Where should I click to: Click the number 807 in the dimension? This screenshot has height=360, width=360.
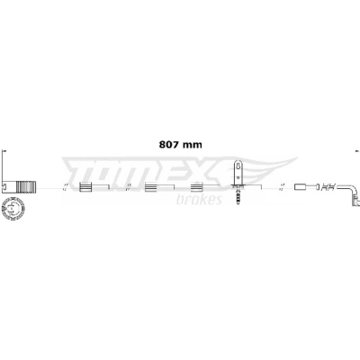[x=169, y=145]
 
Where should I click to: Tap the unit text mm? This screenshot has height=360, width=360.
[x=193, y=145]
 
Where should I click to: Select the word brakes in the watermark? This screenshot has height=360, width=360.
[x=199, y=200]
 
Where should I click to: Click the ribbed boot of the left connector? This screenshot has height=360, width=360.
[x=26, y=186]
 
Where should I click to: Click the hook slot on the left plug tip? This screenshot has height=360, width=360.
[x=4, y=186]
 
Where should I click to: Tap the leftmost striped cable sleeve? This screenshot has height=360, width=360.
[x=85, y=187]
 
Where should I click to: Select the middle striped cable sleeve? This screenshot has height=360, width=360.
[x=151, y=187]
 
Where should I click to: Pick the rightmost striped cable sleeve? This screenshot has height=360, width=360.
[x=197, y=187]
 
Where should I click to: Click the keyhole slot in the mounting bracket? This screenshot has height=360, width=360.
[x=238, y=166]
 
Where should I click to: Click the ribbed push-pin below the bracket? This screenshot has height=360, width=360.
[x=238, y=195]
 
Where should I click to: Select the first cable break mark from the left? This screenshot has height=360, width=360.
[x=65, y=187]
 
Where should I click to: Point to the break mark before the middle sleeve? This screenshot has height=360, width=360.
[x=129, y=187]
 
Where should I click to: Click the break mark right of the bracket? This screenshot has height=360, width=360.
[x=282, y=187]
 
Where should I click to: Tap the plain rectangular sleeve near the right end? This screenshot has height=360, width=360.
[x=301, y=187]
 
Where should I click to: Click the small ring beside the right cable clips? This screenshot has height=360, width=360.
[x=317, y=187]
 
